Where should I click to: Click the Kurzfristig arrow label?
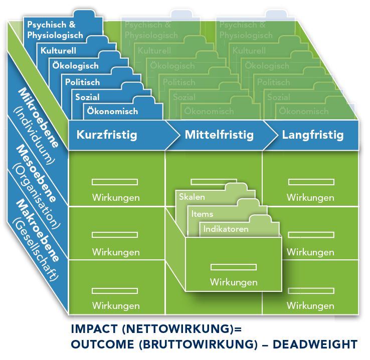point(106,135)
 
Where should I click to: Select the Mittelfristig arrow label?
point(219,135)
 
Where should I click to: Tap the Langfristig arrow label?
point(312,135)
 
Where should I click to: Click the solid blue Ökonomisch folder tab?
point(112,111)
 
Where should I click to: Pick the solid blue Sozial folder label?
point(87,97)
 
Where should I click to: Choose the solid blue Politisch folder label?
point(82,82)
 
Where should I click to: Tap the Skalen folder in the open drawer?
point(192,197)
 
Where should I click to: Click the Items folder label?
point(202,214)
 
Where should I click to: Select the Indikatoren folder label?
point(225,229)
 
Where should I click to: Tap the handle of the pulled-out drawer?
point(227,267)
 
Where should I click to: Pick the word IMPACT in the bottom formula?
point(93,330)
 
